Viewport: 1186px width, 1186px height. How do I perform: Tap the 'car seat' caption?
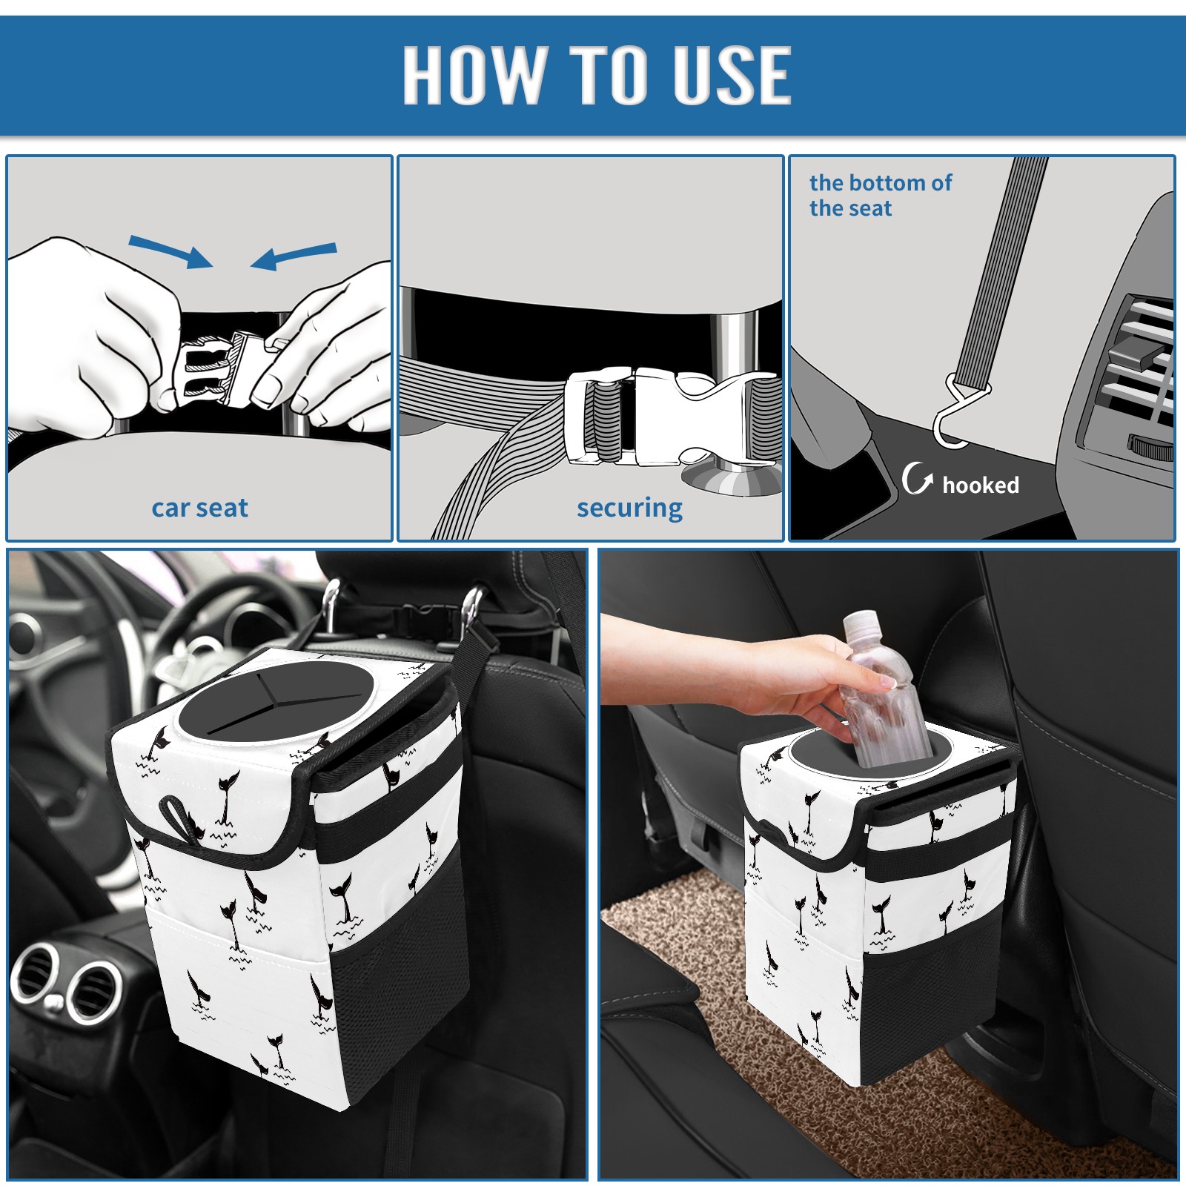tap(199, 508)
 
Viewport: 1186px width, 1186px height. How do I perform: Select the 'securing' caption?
tap(629, 508)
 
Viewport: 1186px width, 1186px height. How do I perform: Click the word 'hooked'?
tap(981, 485)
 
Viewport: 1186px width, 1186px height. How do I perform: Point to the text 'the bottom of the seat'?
tap(880, 195)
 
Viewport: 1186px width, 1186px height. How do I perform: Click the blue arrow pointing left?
tap(294, 256)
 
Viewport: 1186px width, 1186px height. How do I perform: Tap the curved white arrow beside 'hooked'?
tap(916, 478)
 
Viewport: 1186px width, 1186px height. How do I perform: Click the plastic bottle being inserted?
tap(882, 689)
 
